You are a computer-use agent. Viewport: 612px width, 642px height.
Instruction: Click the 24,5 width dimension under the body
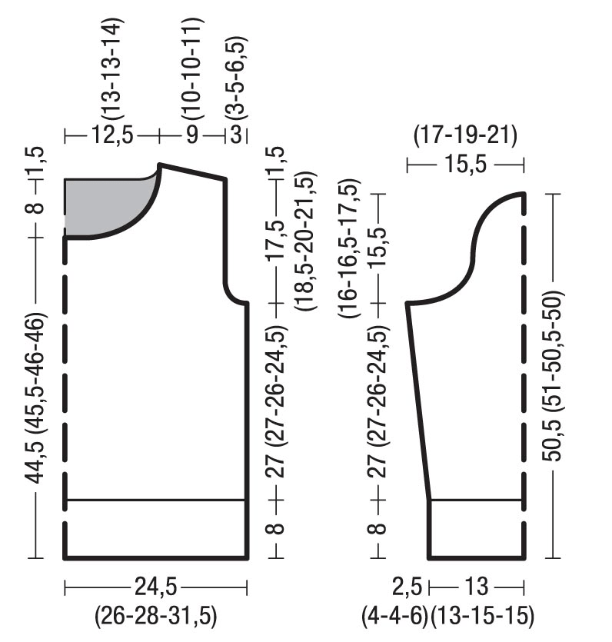click(155, 587)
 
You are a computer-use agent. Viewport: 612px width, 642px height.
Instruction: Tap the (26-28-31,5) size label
click(155, 616)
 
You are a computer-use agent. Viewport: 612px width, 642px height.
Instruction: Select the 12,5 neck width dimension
click(112, 135)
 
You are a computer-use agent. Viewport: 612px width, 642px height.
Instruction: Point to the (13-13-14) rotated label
click(111, 68)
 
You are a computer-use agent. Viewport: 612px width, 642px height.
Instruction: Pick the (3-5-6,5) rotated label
click(236, 78)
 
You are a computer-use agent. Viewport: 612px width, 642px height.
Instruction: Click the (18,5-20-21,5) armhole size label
click(305, 241)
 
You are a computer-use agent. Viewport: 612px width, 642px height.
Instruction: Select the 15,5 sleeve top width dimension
click(465, 165)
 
